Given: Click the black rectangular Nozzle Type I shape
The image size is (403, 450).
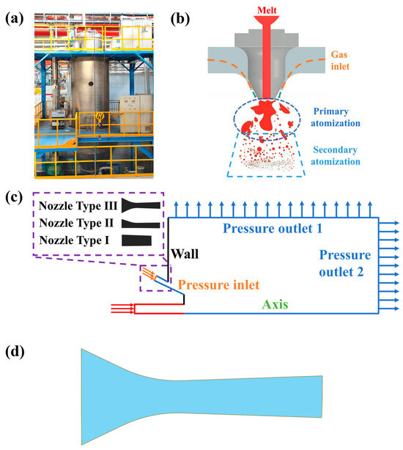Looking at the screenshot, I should coord(137,240).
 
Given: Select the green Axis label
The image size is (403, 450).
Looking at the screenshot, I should coord(280,307).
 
